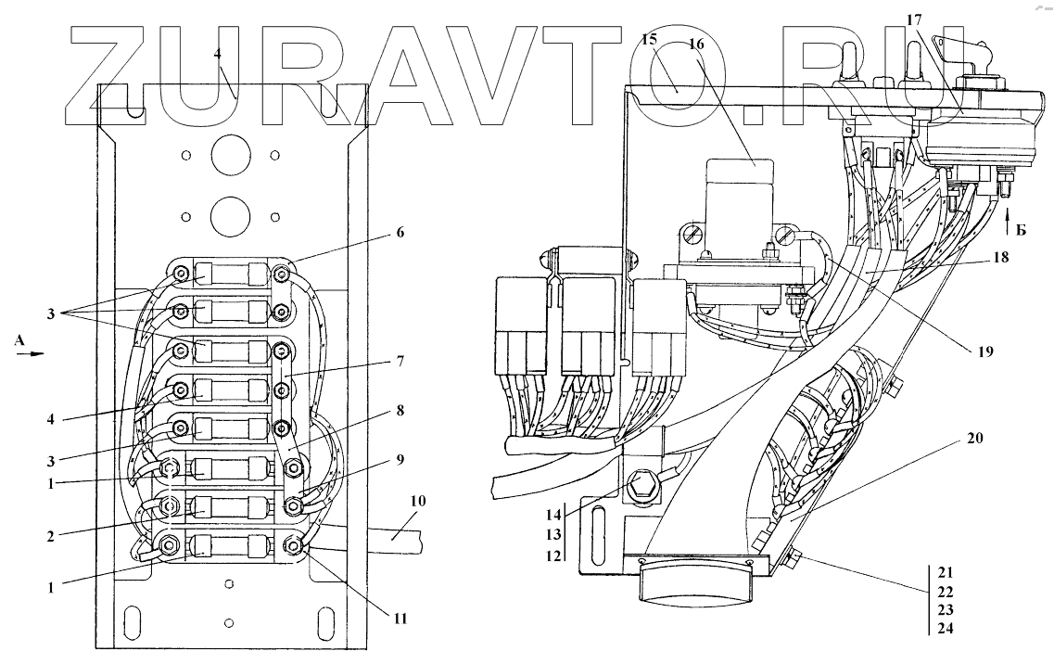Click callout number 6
(400, 233)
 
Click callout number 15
(648, 42)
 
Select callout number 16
(696, 44)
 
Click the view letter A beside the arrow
(19, 341)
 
